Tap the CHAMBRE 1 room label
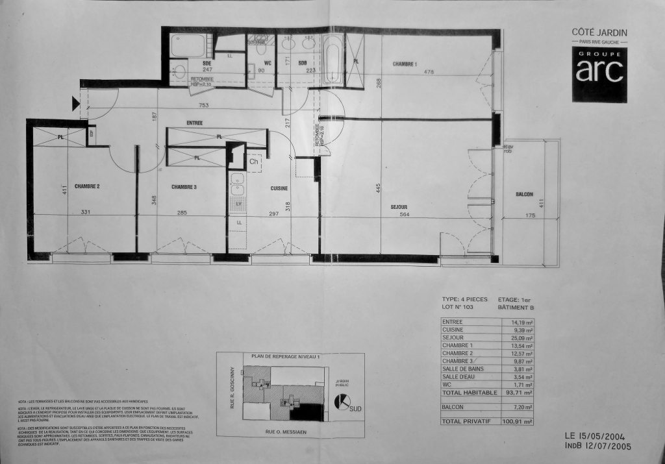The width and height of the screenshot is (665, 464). (404, 64)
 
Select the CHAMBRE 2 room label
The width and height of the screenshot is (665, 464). (87, 187)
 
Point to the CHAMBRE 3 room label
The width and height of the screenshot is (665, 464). (184, 187)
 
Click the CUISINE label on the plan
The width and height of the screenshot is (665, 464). (280, 188)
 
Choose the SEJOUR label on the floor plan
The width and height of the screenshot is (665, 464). (399, 207)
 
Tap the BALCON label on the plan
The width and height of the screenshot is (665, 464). (524, 195)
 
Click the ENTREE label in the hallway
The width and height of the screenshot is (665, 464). (195, 123)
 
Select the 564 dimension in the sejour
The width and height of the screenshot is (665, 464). (405, 215)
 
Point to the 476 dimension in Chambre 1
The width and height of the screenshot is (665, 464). (429, 72)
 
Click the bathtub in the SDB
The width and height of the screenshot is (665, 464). (332, 61)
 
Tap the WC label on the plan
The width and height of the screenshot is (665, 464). (268, 63)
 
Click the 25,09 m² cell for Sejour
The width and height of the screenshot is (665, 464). (521, 337)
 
